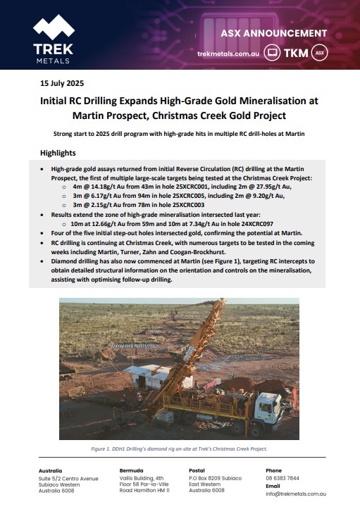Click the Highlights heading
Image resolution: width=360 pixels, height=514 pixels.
click(58, 153)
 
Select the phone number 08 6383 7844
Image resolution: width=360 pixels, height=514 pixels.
click(282, 477)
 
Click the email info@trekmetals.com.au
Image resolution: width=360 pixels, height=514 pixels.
click(296, 494)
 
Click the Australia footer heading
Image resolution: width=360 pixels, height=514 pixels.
click(54, 470)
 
